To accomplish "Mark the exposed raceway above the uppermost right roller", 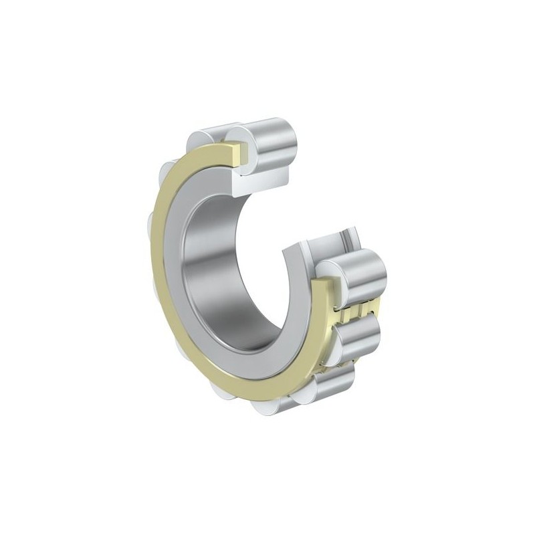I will pyautogui.click(x=324, y=247).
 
